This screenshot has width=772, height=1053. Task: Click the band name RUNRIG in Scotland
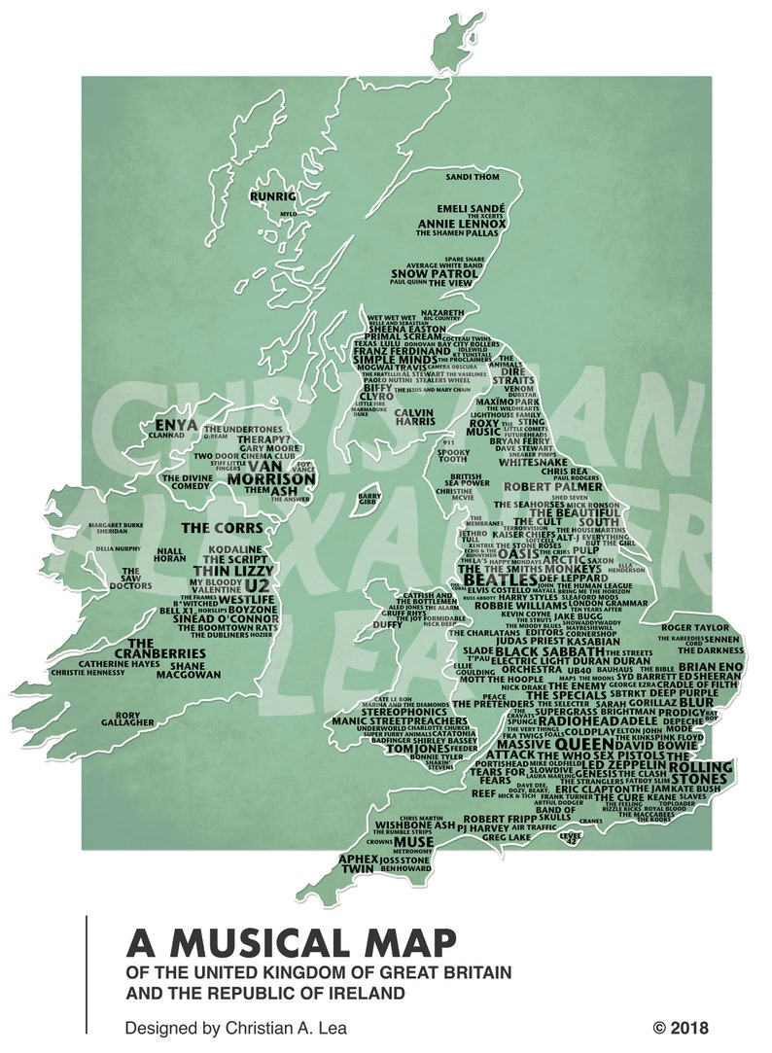(x=271, y=194)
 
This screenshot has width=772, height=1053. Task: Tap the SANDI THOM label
(x=472, y=178)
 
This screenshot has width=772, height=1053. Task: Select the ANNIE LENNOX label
(x=462, y=224)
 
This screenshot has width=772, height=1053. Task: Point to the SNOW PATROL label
(x=435, y=273)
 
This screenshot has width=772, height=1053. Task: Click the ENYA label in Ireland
(x=177, y=425)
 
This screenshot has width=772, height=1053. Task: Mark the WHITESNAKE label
(x=526, y=463)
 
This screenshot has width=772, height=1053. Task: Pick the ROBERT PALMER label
(x=540, y=486)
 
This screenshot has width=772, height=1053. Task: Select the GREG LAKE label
(x=507, y=836)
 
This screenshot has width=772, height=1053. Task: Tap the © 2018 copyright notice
(x=681, y=1028)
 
